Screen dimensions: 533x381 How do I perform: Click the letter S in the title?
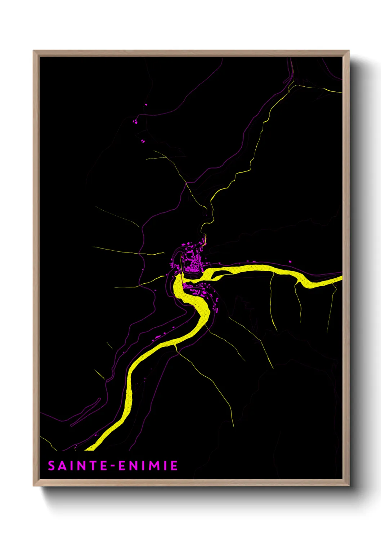click(x=51, y=466)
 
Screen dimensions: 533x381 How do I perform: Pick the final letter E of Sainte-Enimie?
click(x=174, y=466)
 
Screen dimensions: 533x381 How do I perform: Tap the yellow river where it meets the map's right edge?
click(x=340, y=278)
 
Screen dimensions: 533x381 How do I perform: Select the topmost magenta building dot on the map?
click(x=146, y=105)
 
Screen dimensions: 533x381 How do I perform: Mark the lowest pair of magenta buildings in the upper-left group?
click(x=143, y=141)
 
